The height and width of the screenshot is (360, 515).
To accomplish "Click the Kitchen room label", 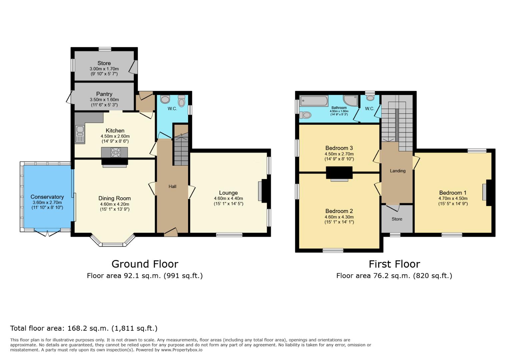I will [115, 131].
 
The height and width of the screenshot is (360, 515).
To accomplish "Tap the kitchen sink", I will [80, 133].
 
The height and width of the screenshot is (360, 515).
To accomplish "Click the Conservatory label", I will [47, 197].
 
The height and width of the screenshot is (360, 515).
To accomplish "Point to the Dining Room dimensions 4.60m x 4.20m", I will [114, 204].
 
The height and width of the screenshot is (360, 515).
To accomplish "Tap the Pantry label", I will [104, 94].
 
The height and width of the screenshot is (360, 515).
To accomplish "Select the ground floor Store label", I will [104, 63].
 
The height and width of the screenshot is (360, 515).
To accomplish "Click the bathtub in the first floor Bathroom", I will [314, 100].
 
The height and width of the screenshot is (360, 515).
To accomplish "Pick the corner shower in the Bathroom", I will [350, 100].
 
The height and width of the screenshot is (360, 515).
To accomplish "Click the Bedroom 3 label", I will [339, 148].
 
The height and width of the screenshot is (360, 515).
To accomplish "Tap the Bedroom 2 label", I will [339, 211].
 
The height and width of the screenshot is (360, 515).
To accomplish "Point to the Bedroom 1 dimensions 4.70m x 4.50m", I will [453, 198].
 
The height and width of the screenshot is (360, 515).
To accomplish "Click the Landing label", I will [398, 171].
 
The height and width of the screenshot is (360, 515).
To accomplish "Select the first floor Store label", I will [397, 219].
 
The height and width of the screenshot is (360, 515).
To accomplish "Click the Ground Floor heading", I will [145, 264].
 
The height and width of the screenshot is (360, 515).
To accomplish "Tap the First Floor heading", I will [394, 264].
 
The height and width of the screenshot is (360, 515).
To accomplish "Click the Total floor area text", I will [84, 328].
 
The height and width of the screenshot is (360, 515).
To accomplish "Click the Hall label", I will [172, 187].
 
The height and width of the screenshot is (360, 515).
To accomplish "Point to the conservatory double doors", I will [47, 232].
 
